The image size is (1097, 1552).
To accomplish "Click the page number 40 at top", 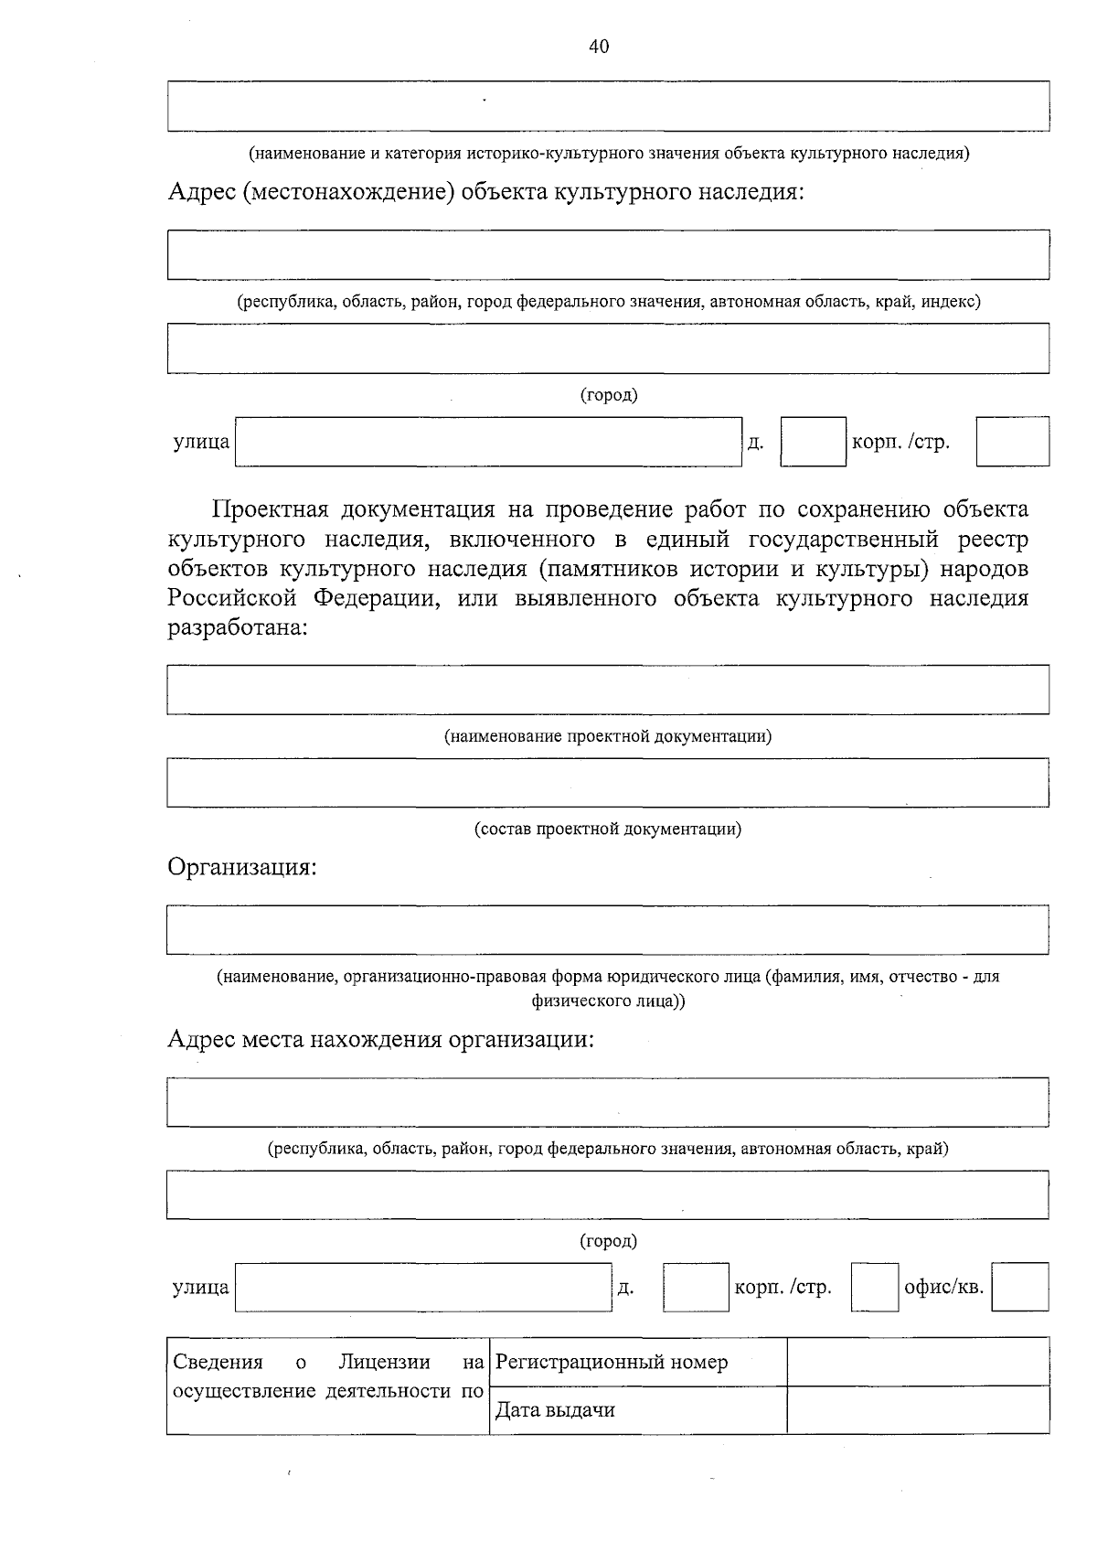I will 599,48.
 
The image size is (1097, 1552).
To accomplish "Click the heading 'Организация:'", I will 241,866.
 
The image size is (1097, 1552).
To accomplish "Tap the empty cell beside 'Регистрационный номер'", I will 917,1362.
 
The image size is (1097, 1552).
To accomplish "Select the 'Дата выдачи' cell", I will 637,1409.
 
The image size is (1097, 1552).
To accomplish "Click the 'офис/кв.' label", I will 943,1287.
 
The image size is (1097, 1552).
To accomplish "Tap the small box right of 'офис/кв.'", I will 1019,1287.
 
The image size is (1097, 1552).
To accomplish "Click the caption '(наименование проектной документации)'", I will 608,736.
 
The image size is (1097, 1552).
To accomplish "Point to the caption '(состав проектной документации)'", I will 608,829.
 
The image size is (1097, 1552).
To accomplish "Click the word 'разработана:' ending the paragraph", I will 238,629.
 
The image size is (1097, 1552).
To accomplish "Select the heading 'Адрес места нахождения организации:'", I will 380,1040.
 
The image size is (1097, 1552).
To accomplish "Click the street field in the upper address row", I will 488,442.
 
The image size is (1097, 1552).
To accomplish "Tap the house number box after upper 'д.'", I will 813,442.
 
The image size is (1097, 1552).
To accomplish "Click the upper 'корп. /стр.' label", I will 900,443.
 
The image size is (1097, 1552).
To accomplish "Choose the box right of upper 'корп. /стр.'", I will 1012,442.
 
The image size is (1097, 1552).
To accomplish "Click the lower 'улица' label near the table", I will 200,1288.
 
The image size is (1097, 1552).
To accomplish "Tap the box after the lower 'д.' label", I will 696,1287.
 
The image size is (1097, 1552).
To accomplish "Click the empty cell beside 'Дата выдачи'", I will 917,1409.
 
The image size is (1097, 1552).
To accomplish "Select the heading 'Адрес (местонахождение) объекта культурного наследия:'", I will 485,193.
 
